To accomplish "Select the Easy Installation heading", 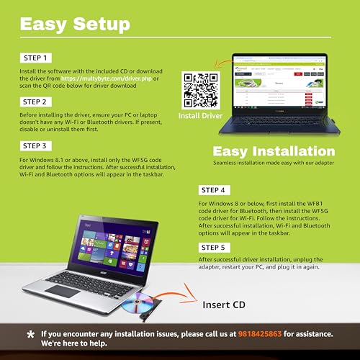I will click(x=274, y=151).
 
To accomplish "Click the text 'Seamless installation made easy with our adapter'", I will click(x=274, y=163).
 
